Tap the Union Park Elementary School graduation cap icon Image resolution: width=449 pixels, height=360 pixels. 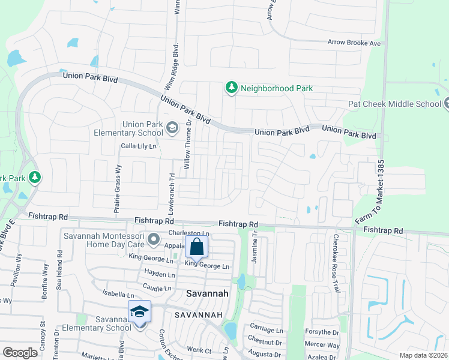point(172,128)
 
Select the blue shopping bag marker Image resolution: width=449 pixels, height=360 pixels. point(197,247)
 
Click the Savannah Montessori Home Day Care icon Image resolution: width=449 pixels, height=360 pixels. point(154,240)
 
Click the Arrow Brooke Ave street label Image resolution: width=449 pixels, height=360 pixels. point(354,43)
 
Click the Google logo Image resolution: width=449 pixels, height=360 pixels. point(20,353)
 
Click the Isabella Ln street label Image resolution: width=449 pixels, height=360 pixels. point(118,295)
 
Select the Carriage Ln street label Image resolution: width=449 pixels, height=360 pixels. point(267,331)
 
